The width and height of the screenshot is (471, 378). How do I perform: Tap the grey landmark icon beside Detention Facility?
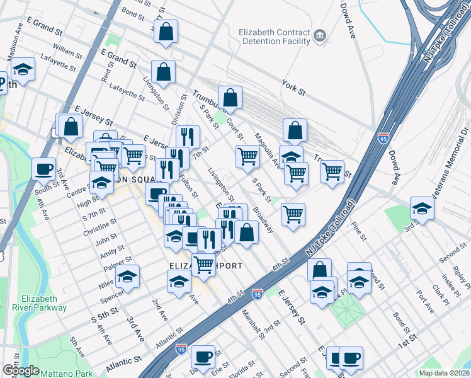tap(321, 35)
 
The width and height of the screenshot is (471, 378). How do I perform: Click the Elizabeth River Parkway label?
tap(39, 303)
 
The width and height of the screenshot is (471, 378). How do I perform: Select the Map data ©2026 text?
tap(444, 372)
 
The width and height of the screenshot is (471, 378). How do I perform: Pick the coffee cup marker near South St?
tap(43, 168)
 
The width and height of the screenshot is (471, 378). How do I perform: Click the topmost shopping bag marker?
tap(166, 31)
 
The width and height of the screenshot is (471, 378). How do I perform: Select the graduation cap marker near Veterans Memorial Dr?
tap(421, 207)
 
